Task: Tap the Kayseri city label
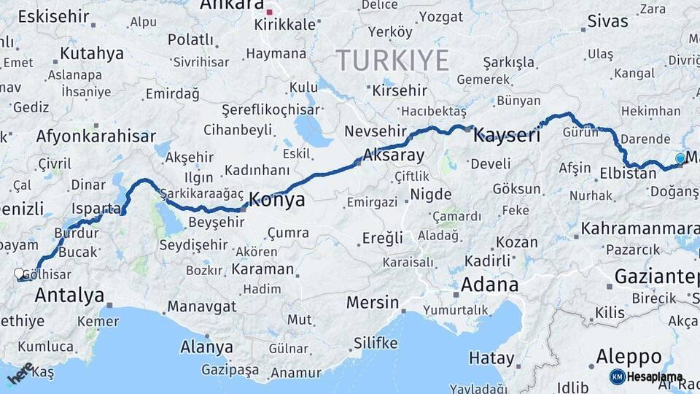507,135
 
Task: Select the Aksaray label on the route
393,155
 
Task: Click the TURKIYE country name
392,61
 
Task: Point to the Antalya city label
69,295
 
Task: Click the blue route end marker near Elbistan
680,158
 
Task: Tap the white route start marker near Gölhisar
19,274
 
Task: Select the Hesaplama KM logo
646,376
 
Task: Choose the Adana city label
490,284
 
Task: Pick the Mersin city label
373,302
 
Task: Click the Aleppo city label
629,357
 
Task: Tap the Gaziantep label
656,277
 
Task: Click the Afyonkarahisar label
96,136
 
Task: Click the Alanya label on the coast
206,347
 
